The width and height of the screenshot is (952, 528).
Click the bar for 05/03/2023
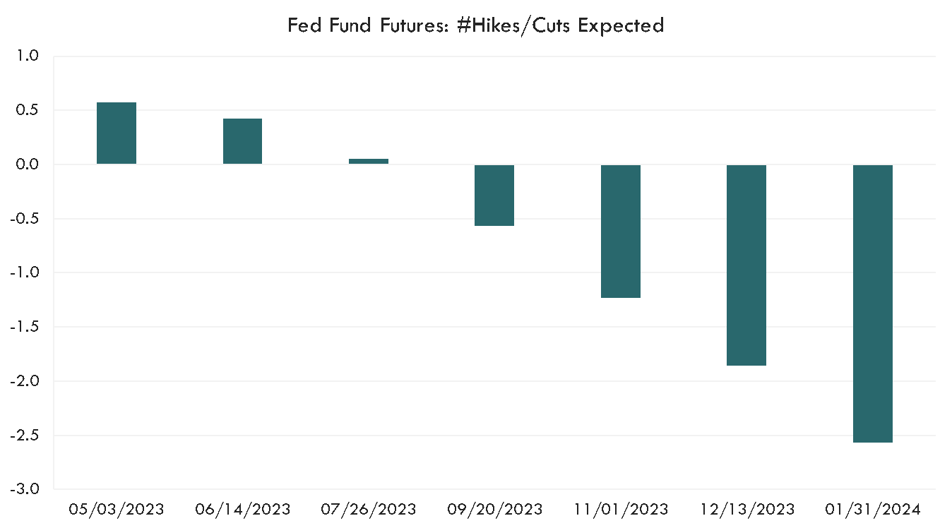coord(117,133)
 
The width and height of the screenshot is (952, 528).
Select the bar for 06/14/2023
coord(242,141)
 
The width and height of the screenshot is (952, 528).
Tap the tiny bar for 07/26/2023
coord(369,161)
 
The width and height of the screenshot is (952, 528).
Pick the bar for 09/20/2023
coord(494,195)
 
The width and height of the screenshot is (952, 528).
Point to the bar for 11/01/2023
coord(621,231)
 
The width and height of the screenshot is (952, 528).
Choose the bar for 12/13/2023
coord(746,265)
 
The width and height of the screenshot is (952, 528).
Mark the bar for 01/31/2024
coord(873,304)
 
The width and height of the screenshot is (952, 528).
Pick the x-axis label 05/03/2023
coord(117,509)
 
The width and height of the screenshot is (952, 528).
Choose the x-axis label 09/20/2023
coord(494,509)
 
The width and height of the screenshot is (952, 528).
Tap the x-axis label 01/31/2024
coord(873,509)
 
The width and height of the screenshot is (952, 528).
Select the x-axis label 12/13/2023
coord(746,509)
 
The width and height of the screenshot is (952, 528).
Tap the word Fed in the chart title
coord(302,25)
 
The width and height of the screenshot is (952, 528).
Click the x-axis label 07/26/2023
coord(369,509)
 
